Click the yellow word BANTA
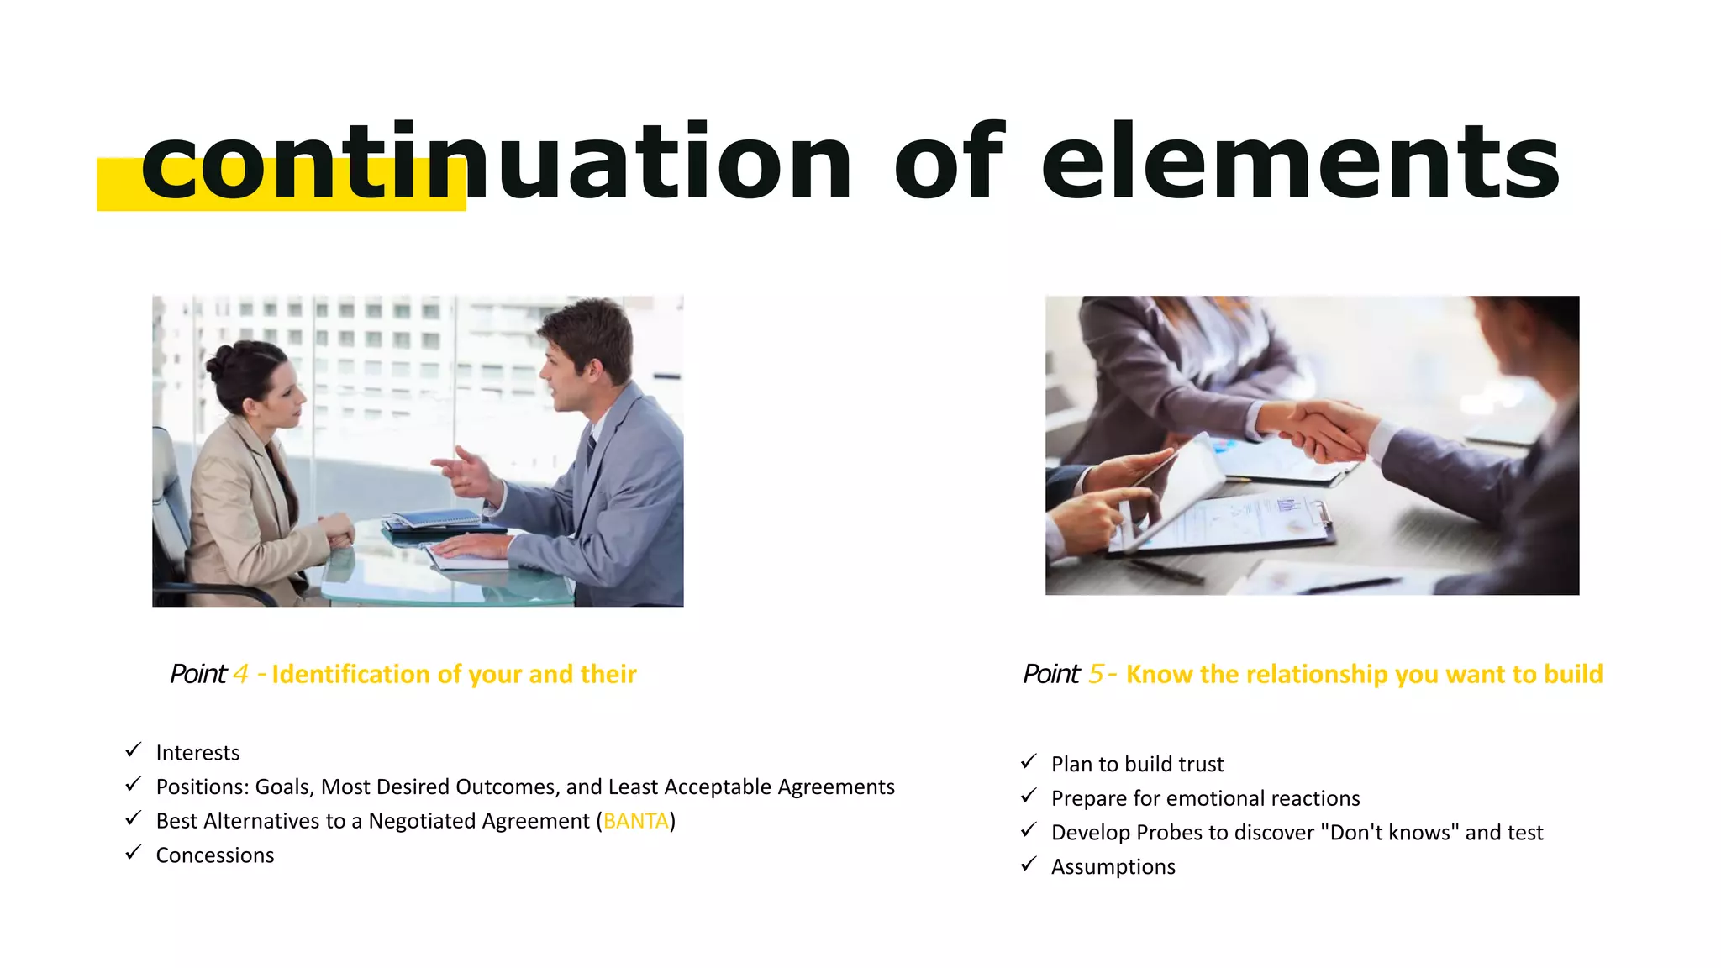[636, 821]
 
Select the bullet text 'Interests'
[197, 753]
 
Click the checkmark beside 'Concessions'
[134, 854]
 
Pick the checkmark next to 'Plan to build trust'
[1029, 762]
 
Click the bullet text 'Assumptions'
[1113, 867]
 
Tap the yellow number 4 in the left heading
[241, 674]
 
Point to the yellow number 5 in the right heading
[1096, 674]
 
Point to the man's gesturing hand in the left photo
[461, 471]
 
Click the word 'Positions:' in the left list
[202, 787]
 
